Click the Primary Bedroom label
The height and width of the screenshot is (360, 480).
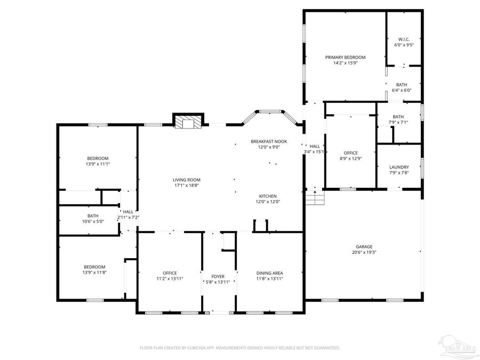click(x=345, y=57)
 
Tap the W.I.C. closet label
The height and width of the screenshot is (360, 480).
click(x=403, y=39)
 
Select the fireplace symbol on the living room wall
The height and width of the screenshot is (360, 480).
click(x=188, y=122)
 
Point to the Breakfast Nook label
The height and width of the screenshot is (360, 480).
click(x=269, y=141)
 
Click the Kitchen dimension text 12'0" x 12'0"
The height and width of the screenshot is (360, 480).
click(x=269, y=202)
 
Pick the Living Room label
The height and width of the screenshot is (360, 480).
click(x=186, y=180)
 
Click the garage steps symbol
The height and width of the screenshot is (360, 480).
click(x=315, y=199)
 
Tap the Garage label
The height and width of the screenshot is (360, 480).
click(x=364, y=246)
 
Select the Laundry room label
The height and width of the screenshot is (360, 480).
click(x=399, y=167)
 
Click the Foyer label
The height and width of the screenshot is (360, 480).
click(x=218, y=276)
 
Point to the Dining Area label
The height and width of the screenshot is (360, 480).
click(x=269, y=273)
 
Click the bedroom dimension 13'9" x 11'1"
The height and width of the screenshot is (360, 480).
click(x=98, y=164)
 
